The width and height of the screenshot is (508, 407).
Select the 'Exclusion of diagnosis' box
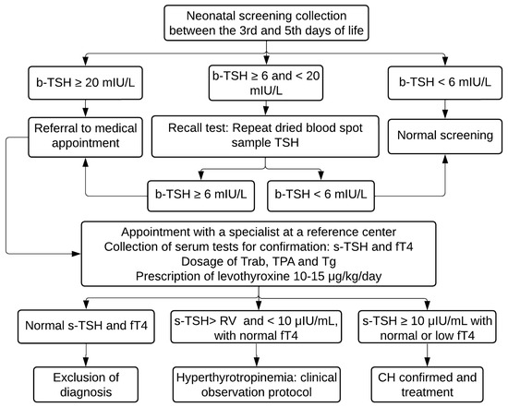(x=86, y=382)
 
